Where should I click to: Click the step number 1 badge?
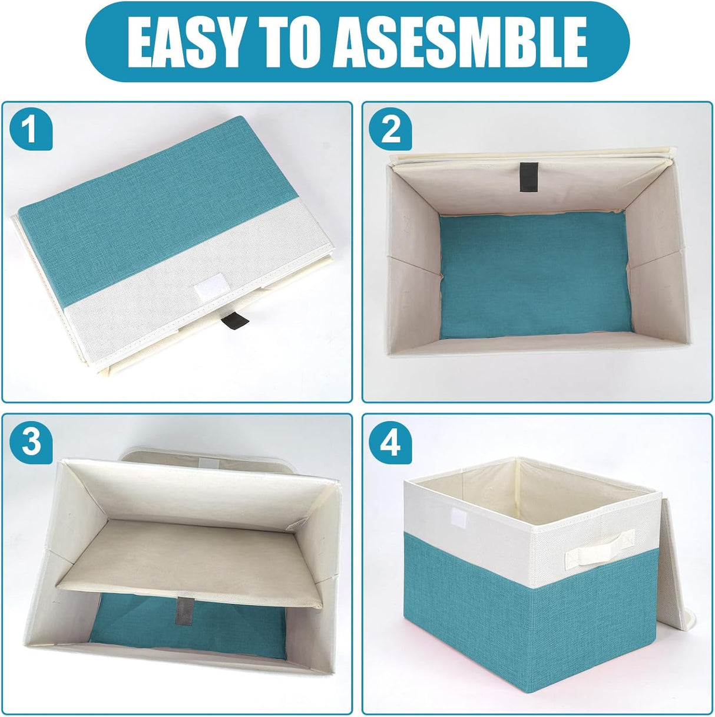(x=31, y=130)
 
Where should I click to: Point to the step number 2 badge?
(x=390, y=130)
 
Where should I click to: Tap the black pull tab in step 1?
(x=228, y=323)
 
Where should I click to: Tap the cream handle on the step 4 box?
(x=599, y=548)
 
